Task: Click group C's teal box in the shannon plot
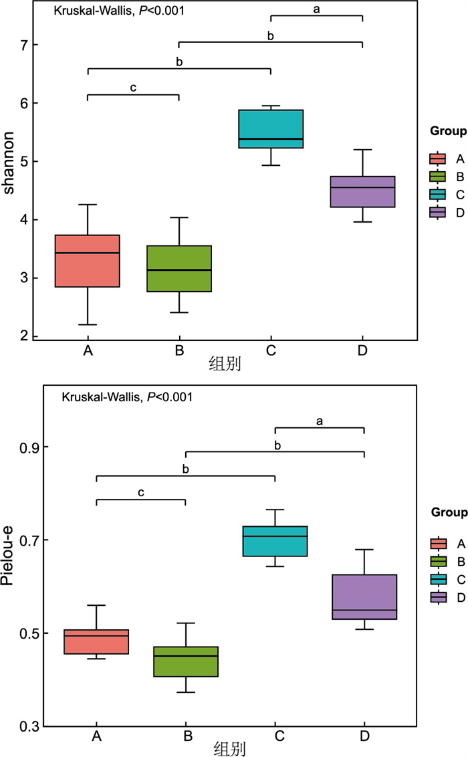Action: tap(271, 128)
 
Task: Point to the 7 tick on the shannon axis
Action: tap(33, 45)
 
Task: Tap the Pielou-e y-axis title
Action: tap(9, 576)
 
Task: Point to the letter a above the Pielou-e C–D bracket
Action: tap(320, 421)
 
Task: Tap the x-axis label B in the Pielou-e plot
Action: tap(188, 736)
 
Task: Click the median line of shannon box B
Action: tap(179, 270)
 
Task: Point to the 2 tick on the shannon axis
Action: tap(33, 336)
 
